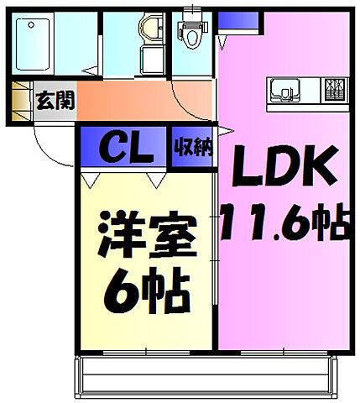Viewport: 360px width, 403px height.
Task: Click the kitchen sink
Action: point(282,88)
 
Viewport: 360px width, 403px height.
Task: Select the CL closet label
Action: point(126,149)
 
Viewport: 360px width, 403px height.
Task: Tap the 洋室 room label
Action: point(146,236)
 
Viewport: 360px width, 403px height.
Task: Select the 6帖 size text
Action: point(146,288)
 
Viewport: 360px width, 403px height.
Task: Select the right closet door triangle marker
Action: point(154,178)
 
